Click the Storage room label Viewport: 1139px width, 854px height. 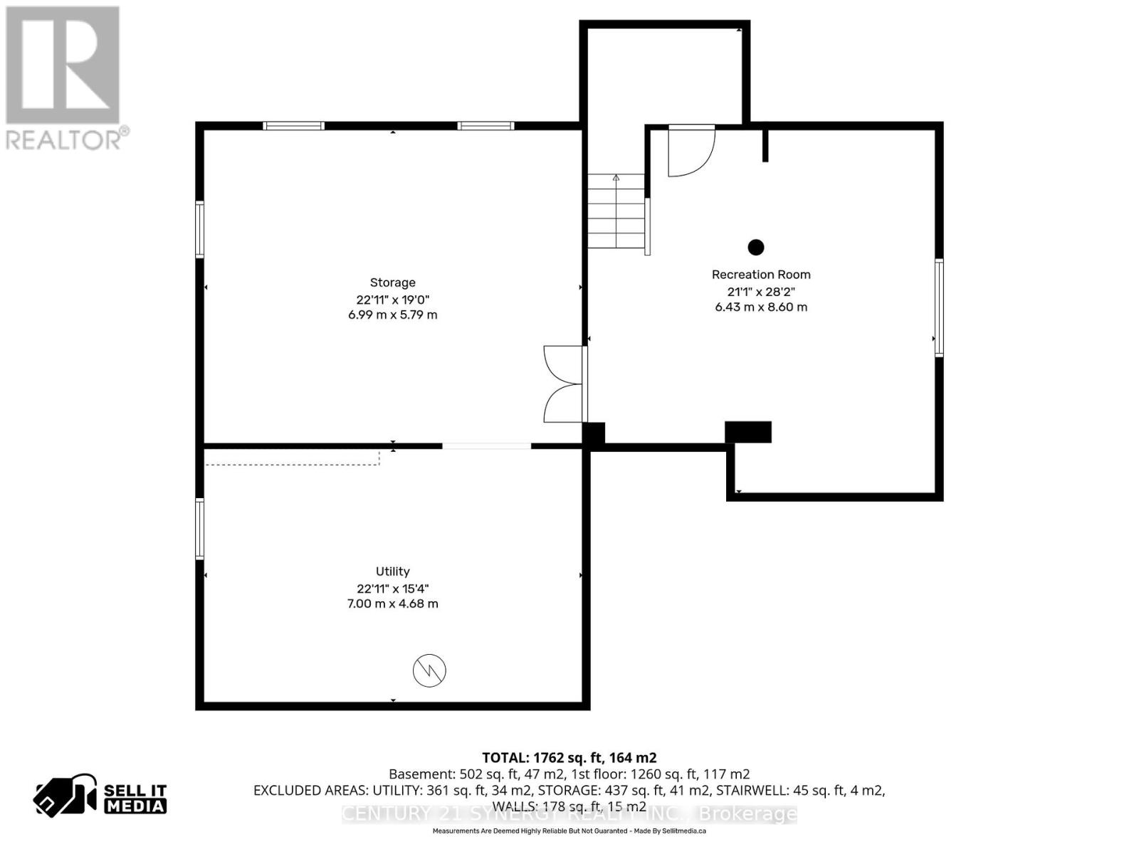[392, 283]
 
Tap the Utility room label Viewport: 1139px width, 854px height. [392, 571]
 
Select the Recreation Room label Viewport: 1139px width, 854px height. [761, 275]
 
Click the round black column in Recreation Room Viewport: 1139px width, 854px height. [756, 247]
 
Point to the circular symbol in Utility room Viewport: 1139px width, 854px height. [429, 670]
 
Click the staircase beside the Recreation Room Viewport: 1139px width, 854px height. [616, 211]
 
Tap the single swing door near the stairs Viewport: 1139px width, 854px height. [690, 151]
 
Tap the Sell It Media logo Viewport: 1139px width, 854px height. [100, 798]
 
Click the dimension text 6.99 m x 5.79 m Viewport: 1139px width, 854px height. [392, 315]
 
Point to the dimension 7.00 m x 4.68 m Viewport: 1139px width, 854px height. [392, 603]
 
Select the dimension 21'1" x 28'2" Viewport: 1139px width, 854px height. [761, 291]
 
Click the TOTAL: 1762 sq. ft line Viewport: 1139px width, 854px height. [569, 758]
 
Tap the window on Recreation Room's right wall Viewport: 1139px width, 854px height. [939, 307]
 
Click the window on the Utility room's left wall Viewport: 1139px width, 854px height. [200, 529]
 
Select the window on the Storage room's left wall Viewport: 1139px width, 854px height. [200, 230]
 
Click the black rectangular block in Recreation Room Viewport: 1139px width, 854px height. [748, 432]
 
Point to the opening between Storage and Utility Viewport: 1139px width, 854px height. [486, 446]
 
